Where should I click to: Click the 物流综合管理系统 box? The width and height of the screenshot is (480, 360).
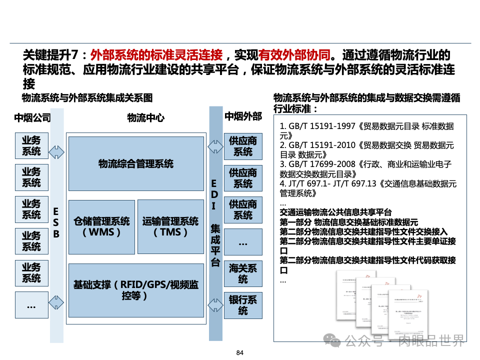point(136,163)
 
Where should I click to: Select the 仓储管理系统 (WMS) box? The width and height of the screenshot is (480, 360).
point(101,226)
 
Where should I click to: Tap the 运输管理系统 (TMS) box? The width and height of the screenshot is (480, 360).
point(170,226)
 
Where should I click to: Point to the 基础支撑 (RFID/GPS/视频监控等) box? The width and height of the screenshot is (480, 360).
point(136,290)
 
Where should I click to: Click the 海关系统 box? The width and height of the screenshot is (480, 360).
point(242,273)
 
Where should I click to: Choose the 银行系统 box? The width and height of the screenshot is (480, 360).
point(242,305)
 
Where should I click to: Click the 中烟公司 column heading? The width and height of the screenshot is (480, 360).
point(32,118)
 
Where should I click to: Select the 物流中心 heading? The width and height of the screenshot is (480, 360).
point(145,118)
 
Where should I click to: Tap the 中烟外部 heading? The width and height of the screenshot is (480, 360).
point(243,117)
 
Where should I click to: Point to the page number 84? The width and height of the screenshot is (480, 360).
point(239,353)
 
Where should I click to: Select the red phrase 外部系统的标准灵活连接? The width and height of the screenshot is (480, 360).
point(156,54)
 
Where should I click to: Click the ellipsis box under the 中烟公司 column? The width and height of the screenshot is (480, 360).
point(31,305)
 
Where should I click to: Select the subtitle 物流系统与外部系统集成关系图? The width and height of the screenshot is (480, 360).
point(86,97)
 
